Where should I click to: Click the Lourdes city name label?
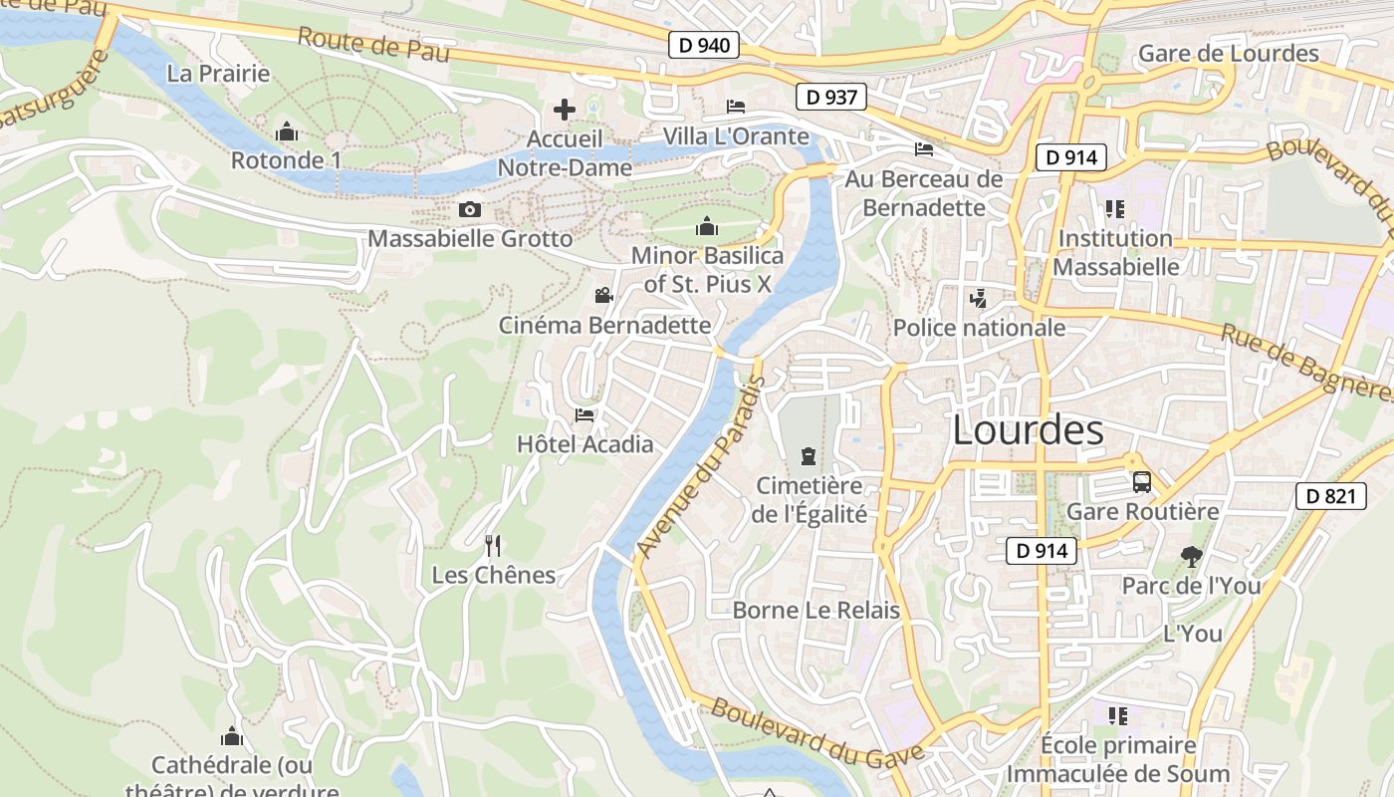1028,430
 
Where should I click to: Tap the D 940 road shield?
703,45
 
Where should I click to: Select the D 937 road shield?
831,97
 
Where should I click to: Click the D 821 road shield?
1330,496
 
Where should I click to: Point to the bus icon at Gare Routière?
1142,482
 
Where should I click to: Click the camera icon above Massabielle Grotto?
470,209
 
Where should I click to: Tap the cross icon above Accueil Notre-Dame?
565,110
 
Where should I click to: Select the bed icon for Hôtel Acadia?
584,414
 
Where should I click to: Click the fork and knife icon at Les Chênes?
492,545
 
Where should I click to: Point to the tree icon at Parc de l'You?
1191,556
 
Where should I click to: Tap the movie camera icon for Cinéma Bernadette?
603,295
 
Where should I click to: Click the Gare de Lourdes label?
1228,54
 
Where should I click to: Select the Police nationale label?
979,328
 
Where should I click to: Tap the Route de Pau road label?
373,44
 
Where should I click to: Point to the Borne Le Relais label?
816,611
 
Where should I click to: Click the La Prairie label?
219,73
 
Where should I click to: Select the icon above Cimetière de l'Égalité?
808,457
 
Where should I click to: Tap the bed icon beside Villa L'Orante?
736,107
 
